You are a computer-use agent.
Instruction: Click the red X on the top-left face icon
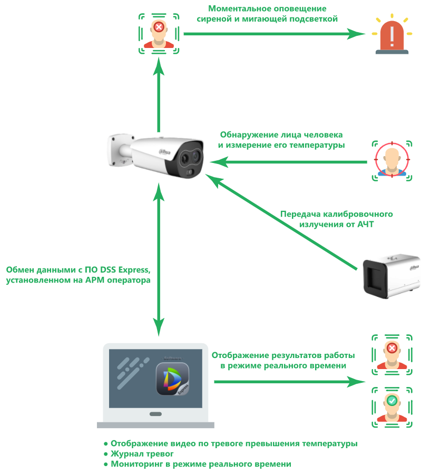tap(159, 26)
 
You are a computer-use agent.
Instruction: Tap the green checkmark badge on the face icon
tap(391, 401)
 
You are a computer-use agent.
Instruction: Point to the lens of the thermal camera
tap(187, 157)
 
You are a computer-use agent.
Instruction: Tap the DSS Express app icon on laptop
tap(172, 379)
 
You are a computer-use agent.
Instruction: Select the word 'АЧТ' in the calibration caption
tap(367, 225)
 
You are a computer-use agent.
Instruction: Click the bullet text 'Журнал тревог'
tap(142, 453)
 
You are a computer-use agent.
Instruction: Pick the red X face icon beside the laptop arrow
tap(391, 354)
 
